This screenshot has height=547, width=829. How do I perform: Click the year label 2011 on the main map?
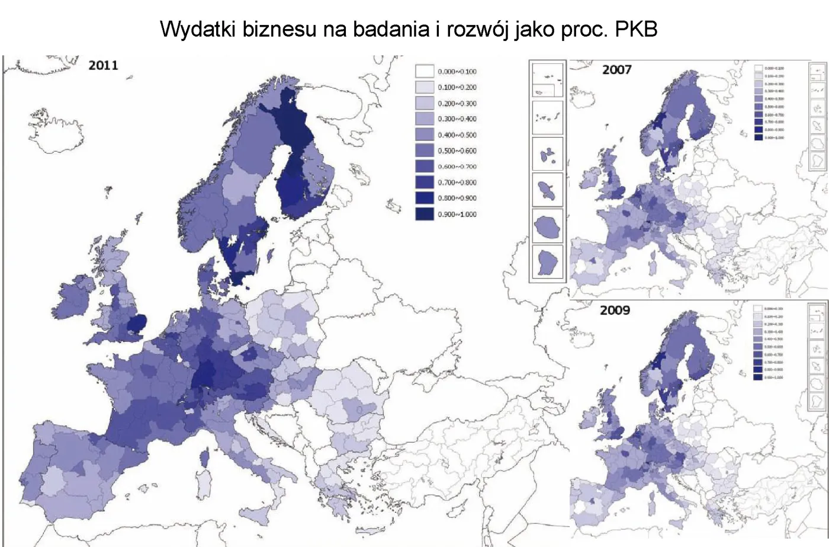click(103, 65)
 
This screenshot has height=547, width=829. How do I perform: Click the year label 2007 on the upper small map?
click(616, 70)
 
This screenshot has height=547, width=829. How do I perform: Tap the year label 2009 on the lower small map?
click(615, 311)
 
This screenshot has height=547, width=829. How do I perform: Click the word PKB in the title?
click(636, 29)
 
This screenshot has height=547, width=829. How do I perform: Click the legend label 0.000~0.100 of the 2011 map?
click(457, 72)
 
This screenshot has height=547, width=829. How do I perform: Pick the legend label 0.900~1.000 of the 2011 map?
click(457, 215)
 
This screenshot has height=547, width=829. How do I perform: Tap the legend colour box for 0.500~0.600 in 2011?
click(425, 151)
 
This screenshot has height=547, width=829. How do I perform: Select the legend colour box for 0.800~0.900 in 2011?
click(425, 198)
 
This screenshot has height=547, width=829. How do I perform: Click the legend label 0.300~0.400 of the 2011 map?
click(457, 119)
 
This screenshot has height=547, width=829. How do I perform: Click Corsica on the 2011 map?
click(205, 458)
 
